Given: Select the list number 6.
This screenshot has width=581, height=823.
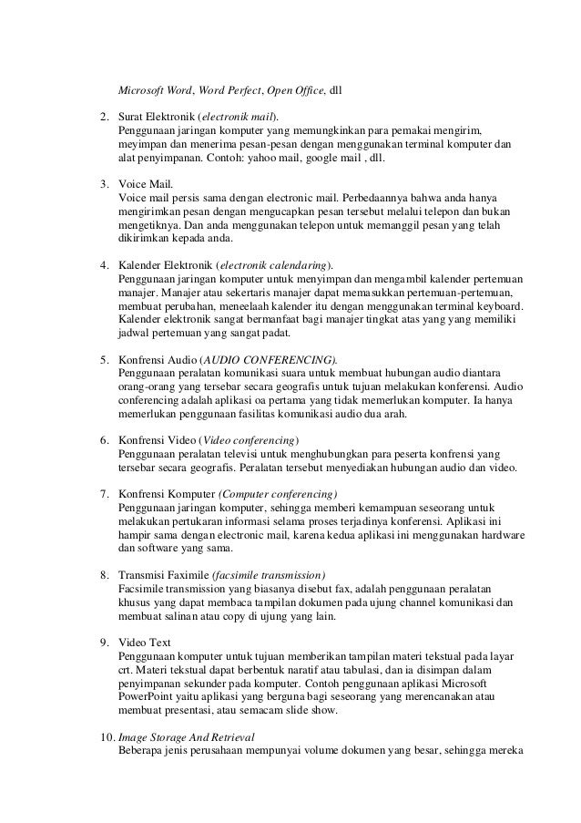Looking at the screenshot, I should pyautogui.click(x=104, y=441).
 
